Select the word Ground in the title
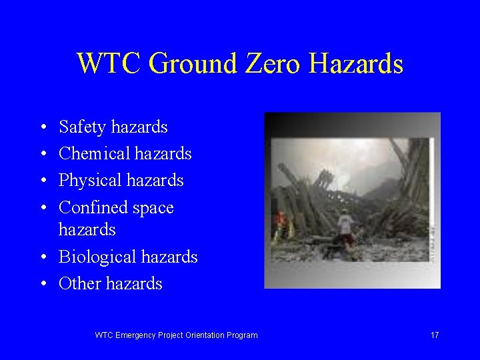click(x=193, y=64)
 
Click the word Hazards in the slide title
click(x=356, y=64)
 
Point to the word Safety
click(x=82, y=127)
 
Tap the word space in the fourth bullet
click(x=153, y=209)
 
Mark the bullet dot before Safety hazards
click(x=42, y=127)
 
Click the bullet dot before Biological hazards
click(x=42, y=257)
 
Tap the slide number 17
click(x=434, y=335)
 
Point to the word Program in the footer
click(x=242, y=335)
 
